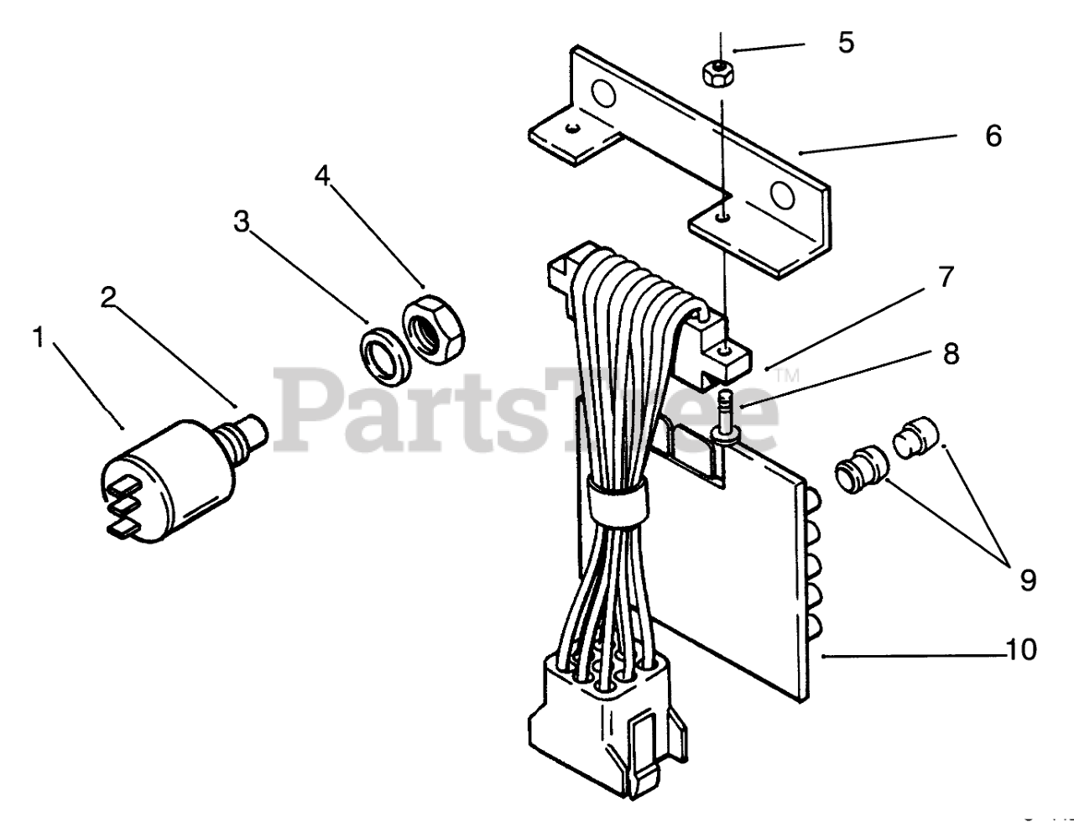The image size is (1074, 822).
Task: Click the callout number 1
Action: click(x=38, y=338)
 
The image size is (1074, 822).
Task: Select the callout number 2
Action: click(x=108, y=298)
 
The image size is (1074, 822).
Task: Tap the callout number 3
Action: click(x=242, y=222)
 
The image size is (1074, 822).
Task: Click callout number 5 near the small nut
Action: click(x=846, y=43)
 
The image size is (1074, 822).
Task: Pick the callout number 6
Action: click(x=993, y=136)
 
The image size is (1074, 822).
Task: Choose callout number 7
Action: click(x=946, y=278)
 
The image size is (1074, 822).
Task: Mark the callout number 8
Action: click(x=950, y=354)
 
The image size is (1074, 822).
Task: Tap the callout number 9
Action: click(x=1028, y=579)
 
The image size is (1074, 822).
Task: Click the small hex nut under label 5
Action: click(x=718, y=74)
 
